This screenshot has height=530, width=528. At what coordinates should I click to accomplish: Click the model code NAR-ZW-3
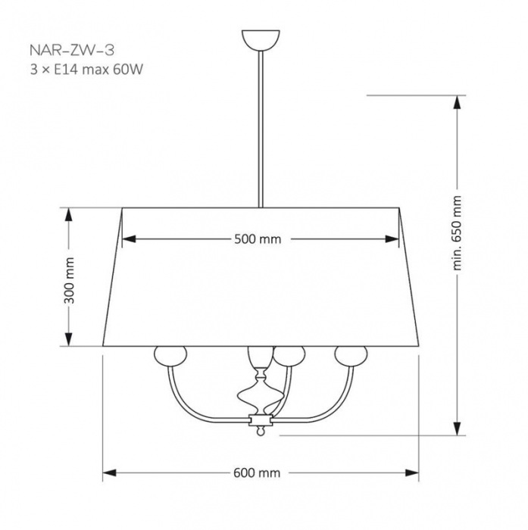pos(72,50)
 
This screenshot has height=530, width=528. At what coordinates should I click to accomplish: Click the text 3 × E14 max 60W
pos(86,70)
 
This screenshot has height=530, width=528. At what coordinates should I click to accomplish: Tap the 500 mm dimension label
pos(258,239)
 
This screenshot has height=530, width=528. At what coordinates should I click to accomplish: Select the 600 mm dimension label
pos(257,472)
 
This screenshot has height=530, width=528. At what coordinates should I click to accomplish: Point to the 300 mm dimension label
pos(70,281)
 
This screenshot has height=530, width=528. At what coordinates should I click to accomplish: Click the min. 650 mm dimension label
pos(457,233)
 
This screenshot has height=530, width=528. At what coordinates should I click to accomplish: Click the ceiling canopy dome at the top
pos(261,40)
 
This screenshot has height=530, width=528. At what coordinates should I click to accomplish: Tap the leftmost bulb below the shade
pos(170,356)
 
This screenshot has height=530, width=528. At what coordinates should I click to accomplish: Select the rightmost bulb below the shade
pos(351,355)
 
